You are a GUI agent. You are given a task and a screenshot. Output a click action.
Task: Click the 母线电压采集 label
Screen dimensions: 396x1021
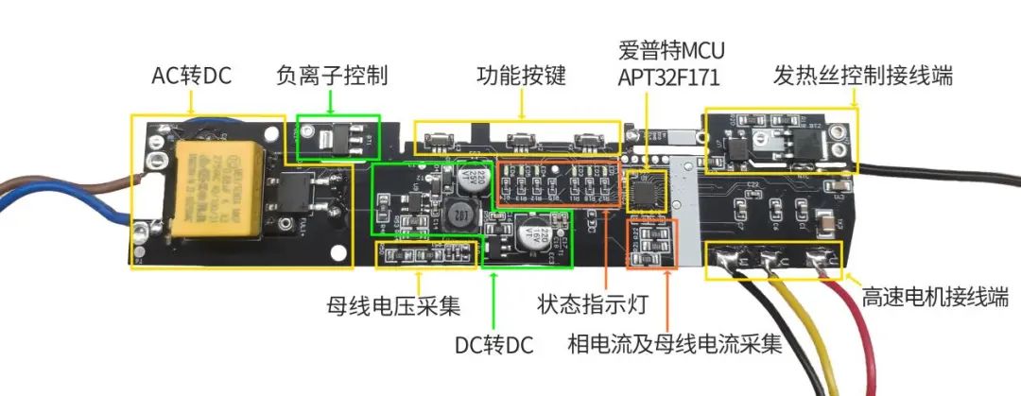pos(393,307)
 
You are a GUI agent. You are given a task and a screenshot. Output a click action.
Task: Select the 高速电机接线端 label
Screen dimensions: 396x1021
pos(935,299)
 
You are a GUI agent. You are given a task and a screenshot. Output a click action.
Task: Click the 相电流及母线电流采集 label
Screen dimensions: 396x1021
pos(677,344)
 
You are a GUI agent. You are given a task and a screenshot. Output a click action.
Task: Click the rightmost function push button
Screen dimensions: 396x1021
pos(585,142)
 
